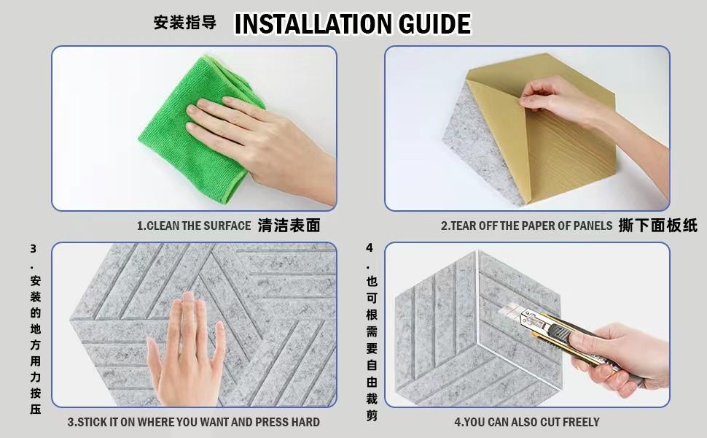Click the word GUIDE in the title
[x=435, y=24]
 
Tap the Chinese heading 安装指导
[x=185, y=23]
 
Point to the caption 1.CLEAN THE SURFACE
[x=194, y=226]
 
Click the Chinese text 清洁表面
[x=289, y=226]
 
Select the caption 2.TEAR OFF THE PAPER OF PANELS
[x=527, y=226]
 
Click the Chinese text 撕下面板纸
[x=658, y=226]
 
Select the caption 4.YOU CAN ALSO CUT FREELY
[x=527, y=422]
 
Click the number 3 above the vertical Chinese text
[x=34, y=249]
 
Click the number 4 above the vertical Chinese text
[x=370, y=248]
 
